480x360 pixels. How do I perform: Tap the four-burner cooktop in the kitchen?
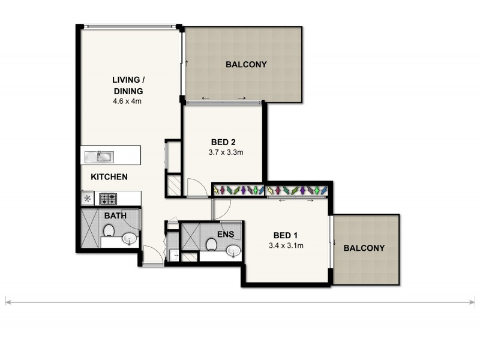click(107, 198)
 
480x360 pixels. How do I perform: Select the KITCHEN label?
click(109, 177)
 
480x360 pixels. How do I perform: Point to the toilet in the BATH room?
click(109, 230)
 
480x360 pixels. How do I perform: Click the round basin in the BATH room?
click(130, 240)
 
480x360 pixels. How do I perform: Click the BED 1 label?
click(285, 235)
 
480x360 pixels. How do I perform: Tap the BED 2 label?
click(223, 142)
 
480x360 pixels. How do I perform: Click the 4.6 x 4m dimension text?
click(127, 101)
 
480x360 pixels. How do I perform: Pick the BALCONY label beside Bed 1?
click(364, 248)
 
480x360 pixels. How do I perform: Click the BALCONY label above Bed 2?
click(246, 64)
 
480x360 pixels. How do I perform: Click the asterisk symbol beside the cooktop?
click(88, 198)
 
